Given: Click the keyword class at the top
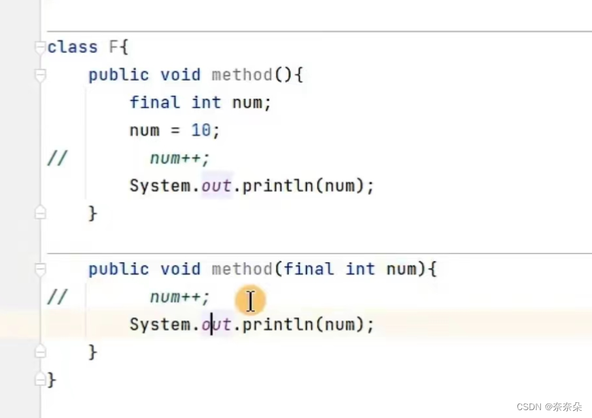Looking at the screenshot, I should [x=73, y=47].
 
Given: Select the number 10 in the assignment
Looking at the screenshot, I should [x=201, y=130].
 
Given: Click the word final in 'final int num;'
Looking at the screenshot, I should [x=154, y=102].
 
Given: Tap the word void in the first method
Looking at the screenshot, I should [x=181, y=75].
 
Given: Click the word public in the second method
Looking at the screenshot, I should [x=118, y=269].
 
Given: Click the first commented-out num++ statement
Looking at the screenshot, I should [x=180, y=159].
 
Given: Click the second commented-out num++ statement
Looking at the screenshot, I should [x=180, y=297].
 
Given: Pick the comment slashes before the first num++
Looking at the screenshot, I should [x=58, y=159].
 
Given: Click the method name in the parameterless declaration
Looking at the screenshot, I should [x=242, y=75].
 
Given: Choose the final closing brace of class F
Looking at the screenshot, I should [x=52, y=380].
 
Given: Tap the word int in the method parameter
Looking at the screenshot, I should [x=360, y=269].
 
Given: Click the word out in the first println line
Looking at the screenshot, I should [x=216, y=186].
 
